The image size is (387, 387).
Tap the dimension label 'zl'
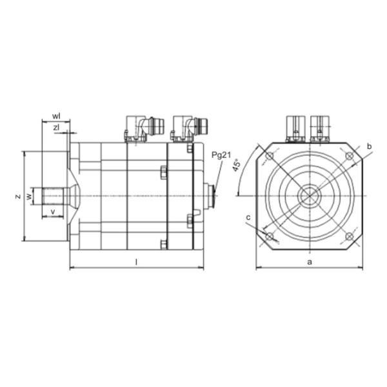[56, 128]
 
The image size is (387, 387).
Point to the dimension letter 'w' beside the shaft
[29, 196]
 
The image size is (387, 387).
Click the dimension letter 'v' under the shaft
[52, 211]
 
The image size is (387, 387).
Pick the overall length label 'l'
[136, 261]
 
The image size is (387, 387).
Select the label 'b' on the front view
[368, 147]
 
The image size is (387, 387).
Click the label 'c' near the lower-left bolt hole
[248, 217]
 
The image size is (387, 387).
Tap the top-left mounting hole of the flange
[270, 157]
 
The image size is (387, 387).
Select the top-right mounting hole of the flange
[349, 157]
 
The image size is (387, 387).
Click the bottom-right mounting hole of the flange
[349, 236]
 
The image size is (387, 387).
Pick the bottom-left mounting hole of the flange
[270, 236]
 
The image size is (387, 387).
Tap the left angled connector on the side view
[139, 127]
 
